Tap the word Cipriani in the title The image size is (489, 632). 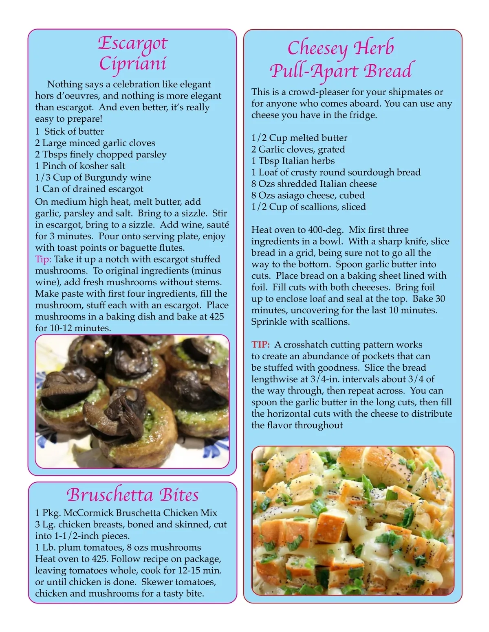(x=133, y=64)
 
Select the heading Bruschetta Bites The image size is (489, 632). (x=133, y=495)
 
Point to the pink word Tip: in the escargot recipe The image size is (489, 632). (x=43, y=259)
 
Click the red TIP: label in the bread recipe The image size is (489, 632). (x=260, y=345)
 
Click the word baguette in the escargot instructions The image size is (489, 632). (x=134, y=248)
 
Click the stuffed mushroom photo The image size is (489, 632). (x=132, y=401)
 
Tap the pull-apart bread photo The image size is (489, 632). (x=353, y=521)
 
